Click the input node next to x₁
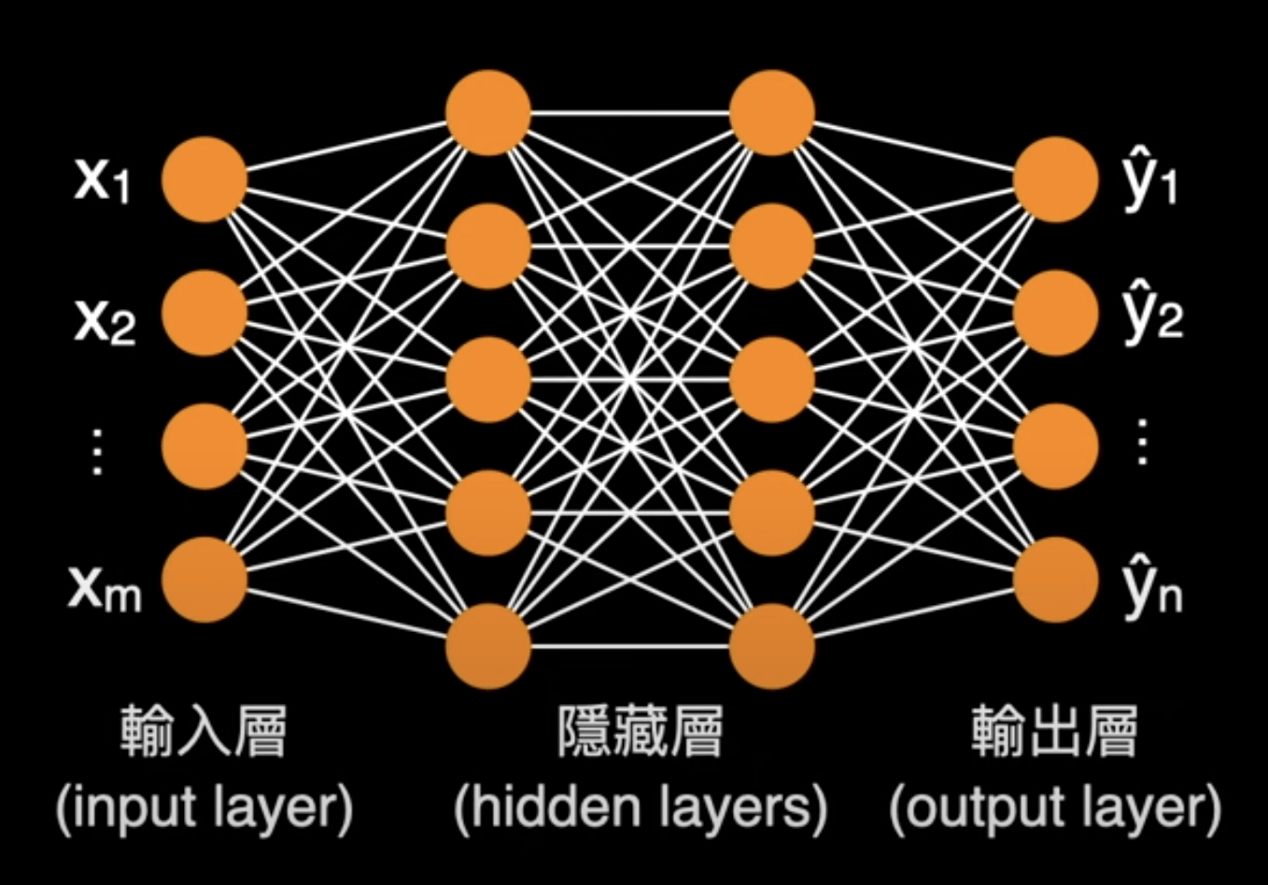(204, 179)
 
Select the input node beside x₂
(204, 313)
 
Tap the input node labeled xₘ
(204, 579)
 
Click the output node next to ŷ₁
(1056, 179)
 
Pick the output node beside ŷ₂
(1056, 313)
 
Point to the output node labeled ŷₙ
(1056, 579)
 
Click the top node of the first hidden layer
(488, 113)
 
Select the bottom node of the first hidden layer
(488, 646)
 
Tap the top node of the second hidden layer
(772, 113)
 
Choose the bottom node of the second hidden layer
(772, 646)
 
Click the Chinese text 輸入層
(204, 731)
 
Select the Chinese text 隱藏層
(641, 731)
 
